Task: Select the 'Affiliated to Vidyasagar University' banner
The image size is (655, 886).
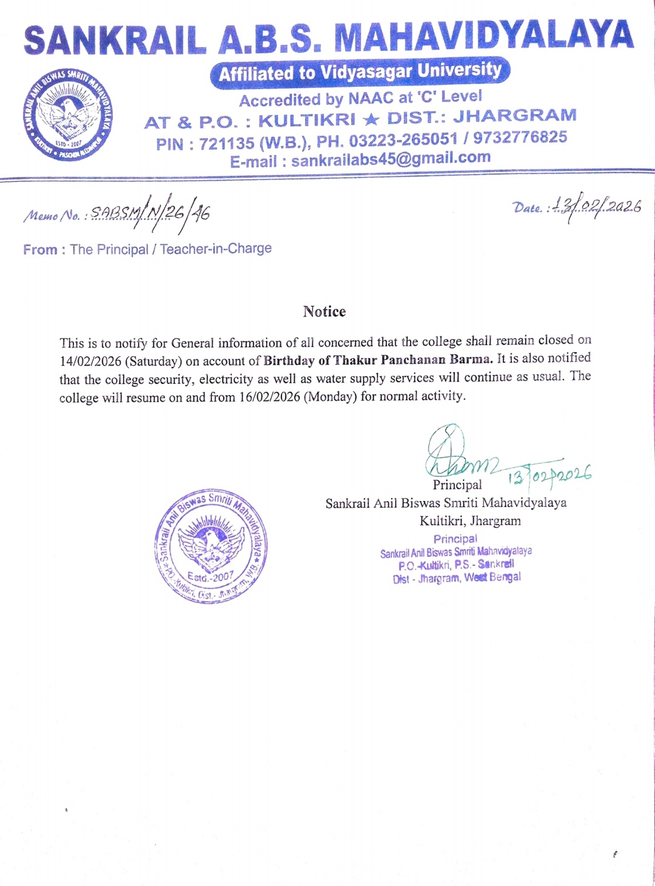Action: point(360,72)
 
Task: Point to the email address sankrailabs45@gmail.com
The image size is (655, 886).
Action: point(391,159)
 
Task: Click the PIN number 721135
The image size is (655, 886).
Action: point(226,144)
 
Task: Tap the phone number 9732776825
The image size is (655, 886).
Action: point(520,137)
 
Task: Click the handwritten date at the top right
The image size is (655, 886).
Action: point(594,207)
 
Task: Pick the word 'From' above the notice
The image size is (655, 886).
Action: point(40,249)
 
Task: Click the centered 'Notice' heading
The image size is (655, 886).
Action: point(324,312)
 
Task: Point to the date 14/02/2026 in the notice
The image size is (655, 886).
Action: point(90,361)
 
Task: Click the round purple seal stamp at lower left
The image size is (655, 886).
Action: point(210,546)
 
